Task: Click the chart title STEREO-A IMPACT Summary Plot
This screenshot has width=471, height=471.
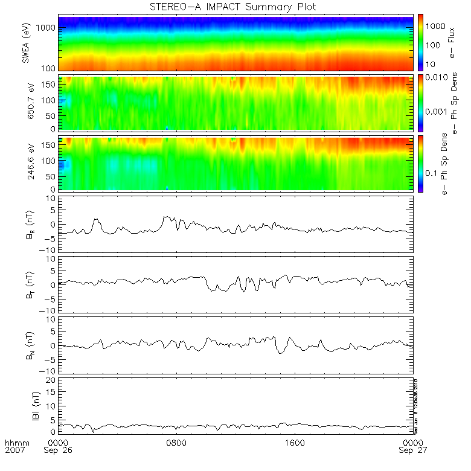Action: tap(235, 7)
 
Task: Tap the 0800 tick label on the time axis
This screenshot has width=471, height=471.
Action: tap(176, 443)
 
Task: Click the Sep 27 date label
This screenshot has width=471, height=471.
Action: tap(411, 451)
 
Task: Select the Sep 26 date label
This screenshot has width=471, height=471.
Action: tap(59, 451)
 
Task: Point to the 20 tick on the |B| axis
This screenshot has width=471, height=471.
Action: tap(52, 379)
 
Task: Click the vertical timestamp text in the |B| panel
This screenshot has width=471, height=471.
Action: tap(416, 405)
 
